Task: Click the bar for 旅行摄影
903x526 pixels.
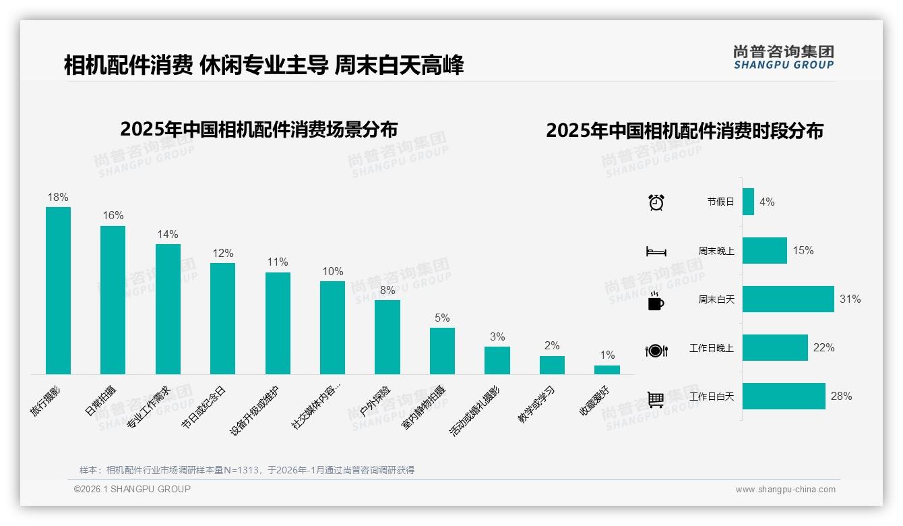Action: click(x=58, y=290)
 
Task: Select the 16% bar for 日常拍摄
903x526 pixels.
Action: click(x=113, y=299)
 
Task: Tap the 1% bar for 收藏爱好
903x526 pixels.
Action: click(x=607, y=370)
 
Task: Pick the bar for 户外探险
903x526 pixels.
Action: click(x=387, y=337)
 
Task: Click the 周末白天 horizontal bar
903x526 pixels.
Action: click(x=788, y=299)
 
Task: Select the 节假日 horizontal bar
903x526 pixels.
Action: click(x=748, y=202)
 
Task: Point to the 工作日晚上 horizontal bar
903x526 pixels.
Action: click(x=775, y=347)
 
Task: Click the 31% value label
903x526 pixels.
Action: click(x=850, y=299)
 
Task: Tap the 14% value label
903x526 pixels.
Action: click(x=168, y=234)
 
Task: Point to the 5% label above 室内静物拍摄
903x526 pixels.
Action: click(x=442, y=318)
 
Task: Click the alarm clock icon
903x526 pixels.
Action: click(x=656, y=202)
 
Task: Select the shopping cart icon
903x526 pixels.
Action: click(x=656, y=399)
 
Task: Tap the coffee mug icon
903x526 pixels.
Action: click(x=656, y=302)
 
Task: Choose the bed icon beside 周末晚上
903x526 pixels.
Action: click(x=656, y=251)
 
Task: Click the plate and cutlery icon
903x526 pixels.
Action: click(x=656, y=351)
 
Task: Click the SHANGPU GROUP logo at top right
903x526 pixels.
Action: click(x=783, y=57)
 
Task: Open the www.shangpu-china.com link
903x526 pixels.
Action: click(x=785, y=489)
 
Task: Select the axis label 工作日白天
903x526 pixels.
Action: click(x=712, y=396)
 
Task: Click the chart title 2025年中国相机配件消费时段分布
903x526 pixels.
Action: click(x=685, y=130)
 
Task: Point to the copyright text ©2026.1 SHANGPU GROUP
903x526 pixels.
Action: click(x=132, y=489)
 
